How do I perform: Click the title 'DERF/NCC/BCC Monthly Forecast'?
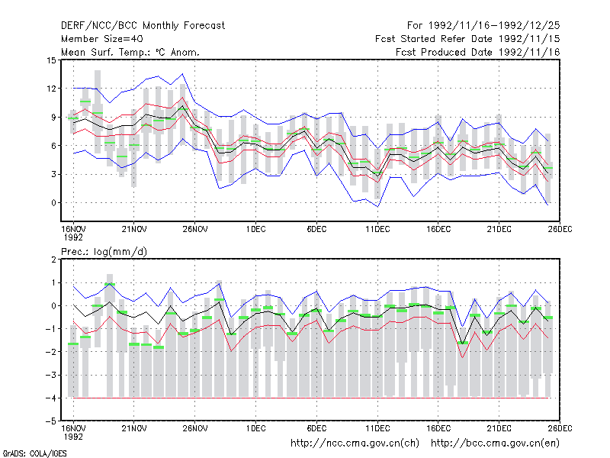[x=143, y=26]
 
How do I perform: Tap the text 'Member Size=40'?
[x=102, y=39]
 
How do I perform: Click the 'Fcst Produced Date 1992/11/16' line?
[x=478, y=52]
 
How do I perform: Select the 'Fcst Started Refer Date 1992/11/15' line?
[x=467, y=39]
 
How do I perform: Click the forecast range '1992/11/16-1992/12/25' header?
[x=494, y=26]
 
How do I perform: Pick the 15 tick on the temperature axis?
[x=51, y=60]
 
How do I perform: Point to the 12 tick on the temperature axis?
[x=51, y=89]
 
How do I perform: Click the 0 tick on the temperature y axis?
[x=53, y=203]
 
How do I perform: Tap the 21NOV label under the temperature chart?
[x=134, y=229]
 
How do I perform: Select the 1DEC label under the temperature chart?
[x=255, y=229]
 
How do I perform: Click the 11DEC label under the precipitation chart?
[x=377, y=428]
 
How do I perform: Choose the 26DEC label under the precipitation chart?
[x=560, y=428]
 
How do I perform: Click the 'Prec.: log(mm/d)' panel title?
[x=104, y=252]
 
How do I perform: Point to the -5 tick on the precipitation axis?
[x=50, y=421]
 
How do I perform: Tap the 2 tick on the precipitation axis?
[x=53, y=260]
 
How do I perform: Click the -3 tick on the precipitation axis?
[x=50, y=375]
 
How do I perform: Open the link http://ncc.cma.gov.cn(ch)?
[x=355, y=443]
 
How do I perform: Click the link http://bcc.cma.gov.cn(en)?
[x=495, y=443]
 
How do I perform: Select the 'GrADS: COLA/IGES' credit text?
[x=35, y=453]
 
